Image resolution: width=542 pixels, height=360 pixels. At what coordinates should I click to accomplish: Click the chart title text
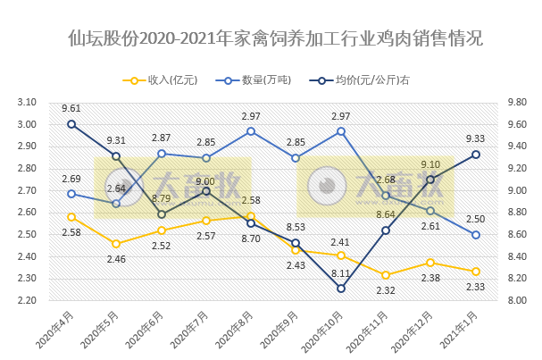(271, 39)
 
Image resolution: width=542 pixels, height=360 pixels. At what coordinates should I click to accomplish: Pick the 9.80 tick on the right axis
(515, 103)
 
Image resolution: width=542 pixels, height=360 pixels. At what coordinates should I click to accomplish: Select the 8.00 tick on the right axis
(515, 300)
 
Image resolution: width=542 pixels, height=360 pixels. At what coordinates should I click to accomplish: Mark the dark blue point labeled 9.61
(71, 124)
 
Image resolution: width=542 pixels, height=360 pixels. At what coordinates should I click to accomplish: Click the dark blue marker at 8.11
(341, 289)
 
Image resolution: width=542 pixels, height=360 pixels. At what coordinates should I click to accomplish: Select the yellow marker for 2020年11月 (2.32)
(386, 275)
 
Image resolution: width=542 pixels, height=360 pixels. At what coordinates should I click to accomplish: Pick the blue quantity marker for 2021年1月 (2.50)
(476, 235)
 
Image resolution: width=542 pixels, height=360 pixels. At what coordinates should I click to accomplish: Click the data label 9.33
(476, 138)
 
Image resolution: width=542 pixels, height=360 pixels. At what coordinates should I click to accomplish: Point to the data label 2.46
(116, 259)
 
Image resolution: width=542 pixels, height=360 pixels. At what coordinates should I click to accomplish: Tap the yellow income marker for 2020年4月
(71, 217)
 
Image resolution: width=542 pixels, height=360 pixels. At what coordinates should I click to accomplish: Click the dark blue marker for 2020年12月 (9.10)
(430, 180)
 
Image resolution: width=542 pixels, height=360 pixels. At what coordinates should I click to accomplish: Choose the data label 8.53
(296, 227)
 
